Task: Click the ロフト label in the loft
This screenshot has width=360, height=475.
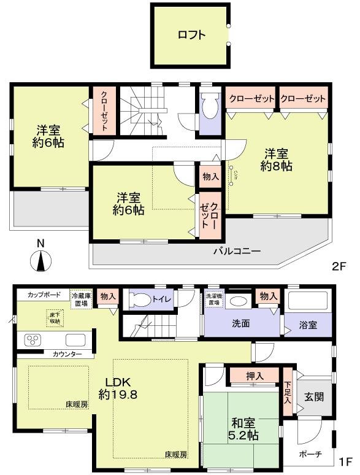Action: pyautogui.click(x=191, y=35)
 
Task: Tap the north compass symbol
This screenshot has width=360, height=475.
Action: pyautogui.click(x=40, y=261)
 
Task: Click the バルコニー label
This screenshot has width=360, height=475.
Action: pyautogui.click(x=237, y=251)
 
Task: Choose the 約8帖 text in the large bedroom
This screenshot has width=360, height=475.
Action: pyautogui.click(x=276, y=166)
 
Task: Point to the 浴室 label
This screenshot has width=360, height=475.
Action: pyautogui.click(x=308, y=325)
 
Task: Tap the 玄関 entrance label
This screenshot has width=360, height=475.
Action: pyautogui.click(x=313, y=396)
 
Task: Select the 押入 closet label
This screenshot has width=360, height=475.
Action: pyautogui.click(x=255, y=376)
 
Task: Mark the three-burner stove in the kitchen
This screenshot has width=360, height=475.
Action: pyautogui.click(x=34, y=340)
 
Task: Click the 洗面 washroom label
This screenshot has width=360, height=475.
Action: pyautogui.click(x=240, y=323)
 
